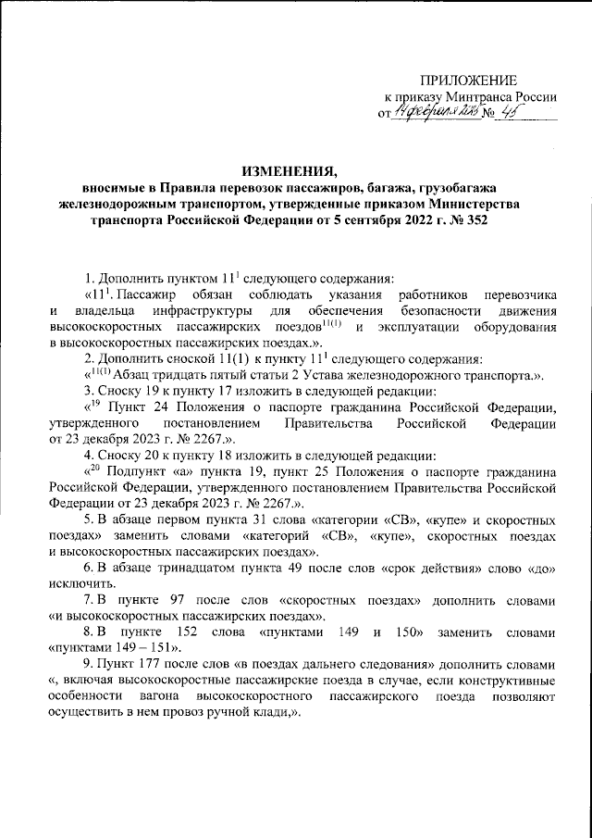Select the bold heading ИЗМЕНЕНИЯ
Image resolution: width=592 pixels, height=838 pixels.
[x=295, y=170]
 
